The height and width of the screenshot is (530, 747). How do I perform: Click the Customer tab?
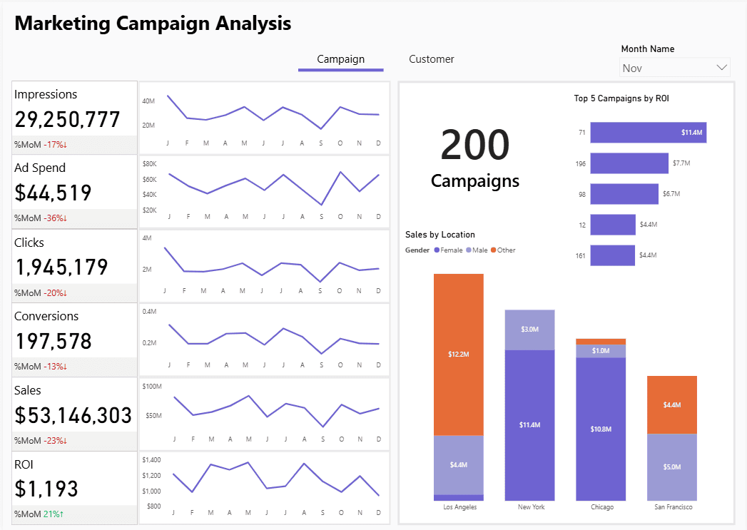coord(431,59)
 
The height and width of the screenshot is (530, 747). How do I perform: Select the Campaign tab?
coord(340,59)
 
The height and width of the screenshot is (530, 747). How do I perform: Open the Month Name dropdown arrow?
coord(721,68)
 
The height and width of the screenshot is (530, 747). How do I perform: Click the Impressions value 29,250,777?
coord(67,119)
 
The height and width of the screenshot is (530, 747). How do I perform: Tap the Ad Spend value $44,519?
coord(53,193)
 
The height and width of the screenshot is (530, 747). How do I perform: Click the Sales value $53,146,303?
coord(73,415)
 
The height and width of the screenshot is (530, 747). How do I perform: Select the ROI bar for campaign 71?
coord(649,133)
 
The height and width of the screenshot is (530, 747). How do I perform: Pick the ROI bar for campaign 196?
coord(629,163)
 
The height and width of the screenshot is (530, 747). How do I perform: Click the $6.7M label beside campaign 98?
coord(671,194)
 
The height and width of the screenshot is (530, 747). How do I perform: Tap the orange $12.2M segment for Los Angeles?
coord(459,355)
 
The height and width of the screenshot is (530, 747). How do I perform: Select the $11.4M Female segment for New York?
coord(529,425)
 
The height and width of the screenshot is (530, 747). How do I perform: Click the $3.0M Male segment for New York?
coord(529,330)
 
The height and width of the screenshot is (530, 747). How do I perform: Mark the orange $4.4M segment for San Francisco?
coord(672,404)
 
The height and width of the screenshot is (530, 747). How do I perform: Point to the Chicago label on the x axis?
coord(601,507)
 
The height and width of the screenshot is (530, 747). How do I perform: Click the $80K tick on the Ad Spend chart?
coord(150,163)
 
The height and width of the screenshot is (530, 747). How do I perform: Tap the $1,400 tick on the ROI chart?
coord(151,460)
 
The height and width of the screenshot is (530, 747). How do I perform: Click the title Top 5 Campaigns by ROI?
coord(621,98)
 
